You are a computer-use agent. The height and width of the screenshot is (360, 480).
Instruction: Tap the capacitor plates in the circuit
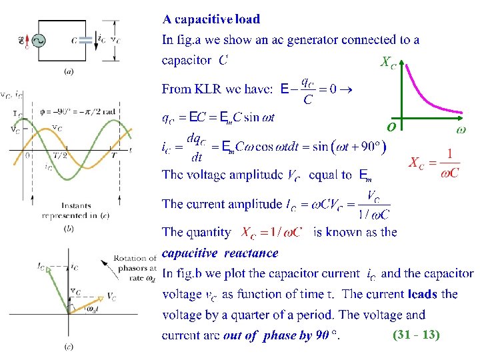[x=85, y=41]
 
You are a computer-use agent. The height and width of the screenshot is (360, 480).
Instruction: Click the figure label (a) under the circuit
[x=68, y=71]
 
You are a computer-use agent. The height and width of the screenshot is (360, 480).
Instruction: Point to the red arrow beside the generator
[x=25, y=41]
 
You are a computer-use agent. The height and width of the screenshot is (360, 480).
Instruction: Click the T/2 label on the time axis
[x=59, y=155]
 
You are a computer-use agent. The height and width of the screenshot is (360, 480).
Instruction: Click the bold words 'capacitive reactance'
[x=220, y=253]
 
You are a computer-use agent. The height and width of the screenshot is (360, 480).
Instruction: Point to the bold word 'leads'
[x=421, y=293]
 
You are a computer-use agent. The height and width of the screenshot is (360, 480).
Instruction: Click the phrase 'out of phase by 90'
[x=276, y=335]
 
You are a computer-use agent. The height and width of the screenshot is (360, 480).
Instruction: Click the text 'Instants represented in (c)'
[x=75, y=211]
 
